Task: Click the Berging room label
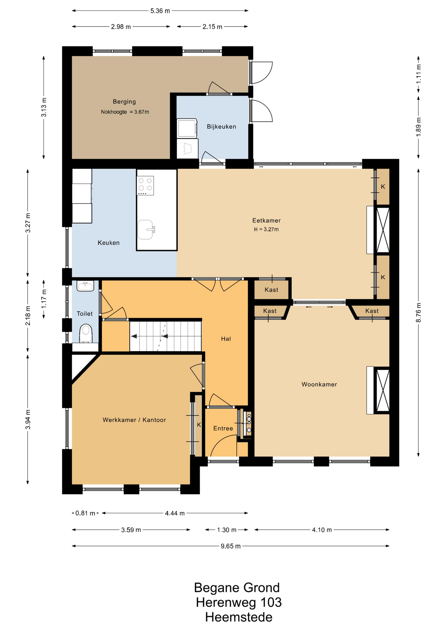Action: tap(124, 102)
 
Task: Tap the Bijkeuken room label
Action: tap(221, 127)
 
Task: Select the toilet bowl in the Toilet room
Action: tap(86, 333)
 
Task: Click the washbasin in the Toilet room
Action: tap(85, 286)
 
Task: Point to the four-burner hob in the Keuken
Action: tap(145, 185)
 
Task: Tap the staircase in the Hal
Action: tap(166, 336)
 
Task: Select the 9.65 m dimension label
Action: tap(231, 546)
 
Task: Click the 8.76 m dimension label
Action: tap(418, 312)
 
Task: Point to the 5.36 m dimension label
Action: tap(160, 11)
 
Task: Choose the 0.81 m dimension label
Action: tap(85, 513)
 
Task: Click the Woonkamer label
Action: tap(319, 385)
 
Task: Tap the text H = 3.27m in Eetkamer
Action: tap(266, 229)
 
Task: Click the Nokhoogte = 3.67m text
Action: tap(125, 112)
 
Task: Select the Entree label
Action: tap(223, 429)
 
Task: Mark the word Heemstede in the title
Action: tap(239, 617)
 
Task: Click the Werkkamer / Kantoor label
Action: tap(134, 420)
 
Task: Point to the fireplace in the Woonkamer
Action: tap(378, 390)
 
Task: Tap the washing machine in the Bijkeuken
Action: tap(187, 128)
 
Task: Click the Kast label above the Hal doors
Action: tap(271, 290)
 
